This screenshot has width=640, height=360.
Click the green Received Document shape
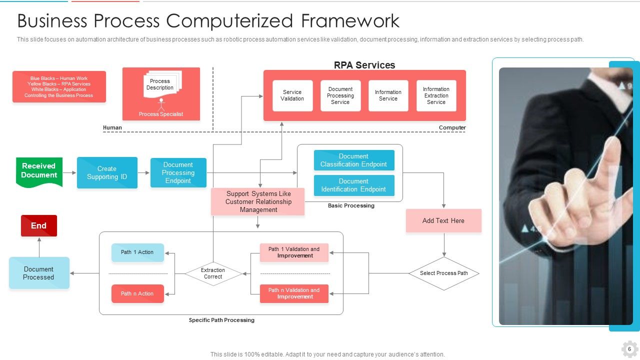pyautogui.click(x=39, y=171)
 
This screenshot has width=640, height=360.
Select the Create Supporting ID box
pyautogui.click(x=107, y=173)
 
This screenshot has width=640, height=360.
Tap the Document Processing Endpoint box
pyautogui.click(x=178, y=173)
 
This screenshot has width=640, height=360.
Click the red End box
pyautogui.click(x=39, y=226)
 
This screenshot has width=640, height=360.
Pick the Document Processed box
pyautogui.click(x=39, y=273)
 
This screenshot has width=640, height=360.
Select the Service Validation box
pyautogui.click(x=292, y=95)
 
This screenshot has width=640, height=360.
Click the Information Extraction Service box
pyautogui.click(x=436, y=95)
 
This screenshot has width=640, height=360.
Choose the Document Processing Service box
pyautogui.click(x=340, y=95)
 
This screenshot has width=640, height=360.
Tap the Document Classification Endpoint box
pyautogui.click(x=354, y=160)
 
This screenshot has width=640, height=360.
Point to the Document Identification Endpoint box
pyautogui.click(x=354, y=185)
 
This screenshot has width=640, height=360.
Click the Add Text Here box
pyautogui.click(x=443, y=220)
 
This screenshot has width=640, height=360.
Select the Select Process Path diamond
pyautogui.click(x=444, y=273)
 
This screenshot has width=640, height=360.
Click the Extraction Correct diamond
pyautogui.click(x=213, y=273)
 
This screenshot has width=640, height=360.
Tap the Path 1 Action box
pyautogui.click(x=137, y=252)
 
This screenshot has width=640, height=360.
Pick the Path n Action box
pyautogui.click(x=137, y=294)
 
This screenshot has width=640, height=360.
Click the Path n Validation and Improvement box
pyautogui.click(x=294, y=293)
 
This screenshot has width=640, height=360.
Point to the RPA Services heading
pyautogui.click(x=364, y=65)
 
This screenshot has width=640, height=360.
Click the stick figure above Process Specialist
pyautogui.click(x=161, y=104)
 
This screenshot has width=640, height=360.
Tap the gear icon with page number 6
pyautogui.click(x=629, y=349)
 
